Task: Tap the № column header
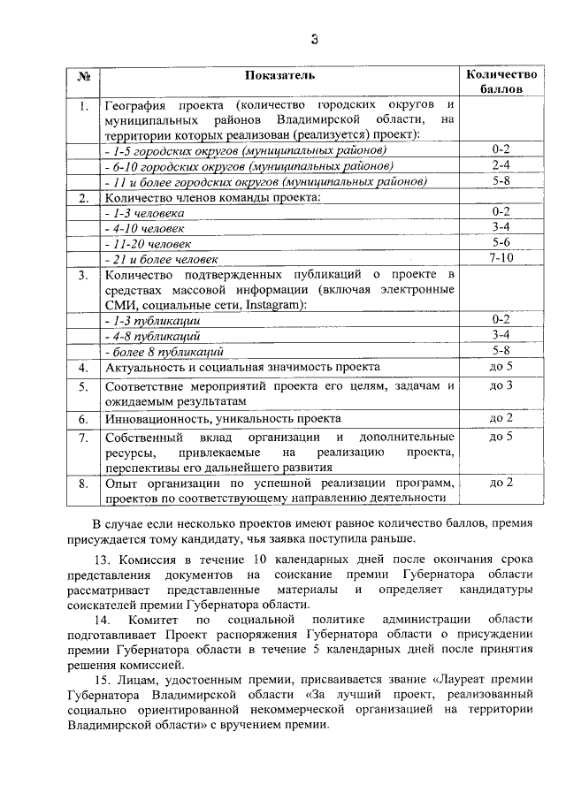tap(83, 76)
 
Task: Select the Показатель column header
tap(279, 76)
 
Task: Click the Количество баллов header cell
tap(501, 82)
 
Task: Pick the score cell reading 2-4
tap(501, 164)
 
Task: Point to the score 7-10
tap(501, 258)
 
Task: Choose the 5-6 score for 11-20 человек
tap(501, 242)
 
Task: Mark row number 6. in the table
tap(83, 419)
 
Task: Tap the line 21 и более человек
tap(162, 260)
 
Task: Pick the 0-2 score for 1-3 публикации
tap(501, 319)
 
